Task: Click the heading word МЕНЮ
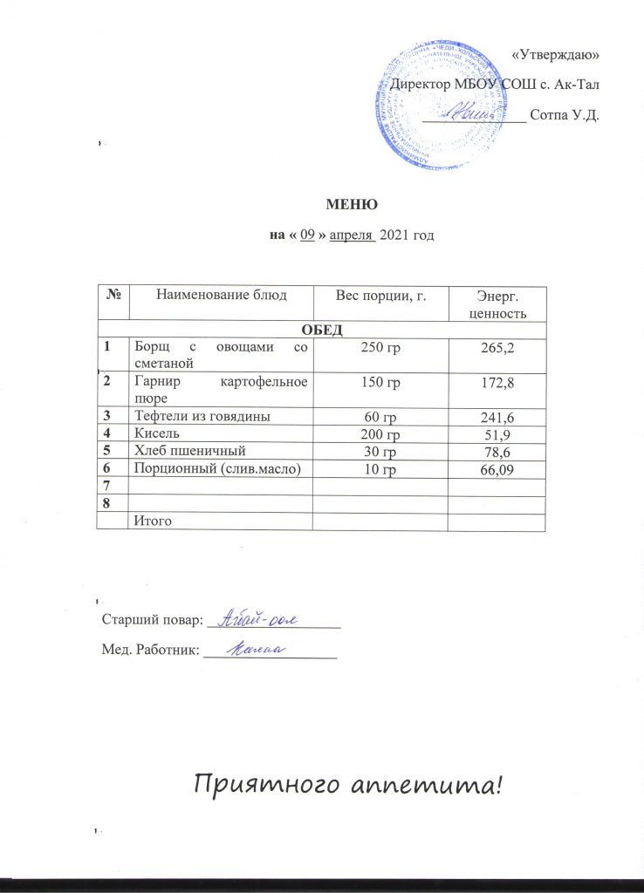point(351,206)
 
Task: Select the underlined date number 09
point(306,235)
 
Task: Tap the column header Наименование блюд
point(220,296)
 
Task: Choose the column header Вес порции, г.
point(380,296)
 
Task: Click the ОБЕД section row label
point(322,329)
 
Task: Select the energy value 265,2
point(496,349)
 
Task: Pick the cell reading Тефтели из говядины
point(200,416)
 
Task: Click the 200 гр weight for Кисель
point(380,434)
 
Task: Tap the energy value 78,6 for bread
point(496,452)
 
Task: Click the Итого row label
point(151,521)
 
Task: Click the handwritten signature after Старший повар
point(257,618)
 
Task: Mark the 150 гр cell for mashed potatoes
point(380,383)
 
